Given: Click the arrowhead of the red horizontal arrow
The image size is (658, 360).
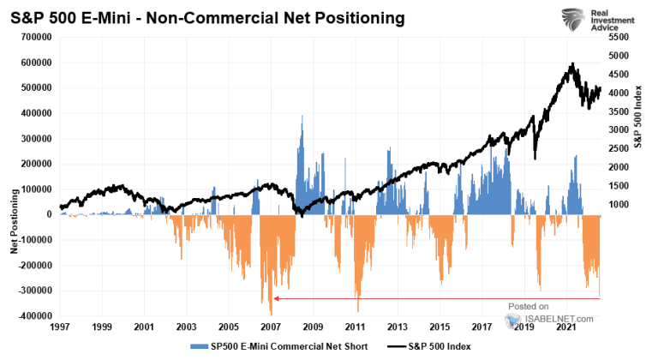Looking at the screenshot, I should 276,298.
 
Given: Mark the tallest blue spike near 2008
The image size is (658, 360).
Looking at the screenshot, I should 302,116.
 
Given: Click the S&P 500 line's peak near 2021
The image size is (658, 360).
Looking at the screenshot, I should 571,64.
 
